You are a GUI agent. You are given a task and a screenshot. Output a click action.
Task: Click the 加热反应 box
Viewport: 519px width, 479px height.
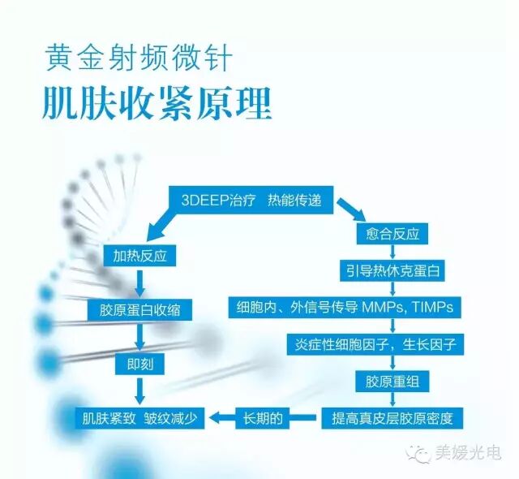(x=140, y=255)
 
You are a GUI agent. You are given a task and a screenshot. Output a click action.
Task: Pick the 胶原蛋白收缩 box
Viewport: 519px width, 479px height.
(x=140, y=309)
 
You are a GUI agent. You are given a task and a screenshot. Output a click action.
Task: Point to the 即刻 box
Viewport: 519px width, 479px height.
(x=139, y=362)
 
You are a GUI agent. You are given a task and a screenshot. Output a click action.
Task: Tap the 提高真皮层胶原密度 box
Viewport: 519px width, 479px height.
(x=392, y=419)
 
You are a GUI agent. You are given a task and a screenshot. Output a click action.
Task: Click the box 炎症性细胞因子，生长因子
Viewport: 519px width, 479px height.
(x=392, y=344)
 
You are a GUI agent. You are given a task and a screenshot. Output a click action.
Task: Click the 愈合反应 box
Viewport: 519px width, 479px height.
(x=392, y=232)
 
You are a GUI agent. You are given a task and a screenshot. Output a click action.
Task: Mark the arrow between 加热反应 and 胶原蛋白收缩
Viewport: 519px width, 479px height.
(x=140, y=282)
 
